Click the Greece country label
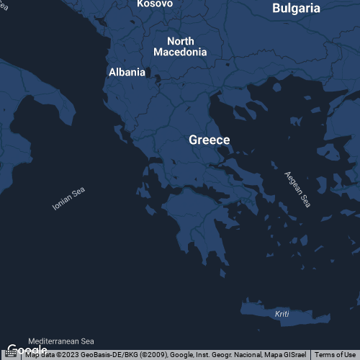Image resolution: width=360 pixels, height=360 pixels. tap(210, 140)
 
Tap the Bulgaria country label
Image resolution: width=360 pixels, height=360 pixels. tap(296, 9)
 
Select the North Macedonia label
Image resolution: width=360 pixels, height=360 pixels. tap(180, 46)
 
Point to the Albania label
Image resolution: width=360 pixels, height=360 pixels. tap(127, 72)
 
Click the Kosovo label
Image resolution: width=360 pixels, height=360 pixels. tap(155, 4)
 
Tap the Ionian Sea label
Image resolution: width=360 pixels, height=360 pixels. tap(69, 199)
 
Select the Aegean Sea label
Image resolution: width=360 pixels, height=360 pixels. tap(297, 189)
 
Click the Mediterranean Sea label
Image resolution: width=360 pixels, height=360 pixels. tap(61, 341)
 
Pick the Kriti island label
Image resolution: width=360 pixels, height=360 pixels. tap(282, 315)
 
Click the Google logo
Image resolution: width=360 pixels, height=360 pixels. tap(27, 351)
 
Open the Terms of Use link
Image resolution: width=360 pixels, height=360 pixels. tap(335, 355)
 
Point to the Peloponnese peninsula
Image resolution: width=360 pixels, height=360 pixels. tap(198, 223)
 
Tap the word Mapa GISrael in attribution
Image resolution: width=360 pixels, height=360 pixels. tap(288, 355)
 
